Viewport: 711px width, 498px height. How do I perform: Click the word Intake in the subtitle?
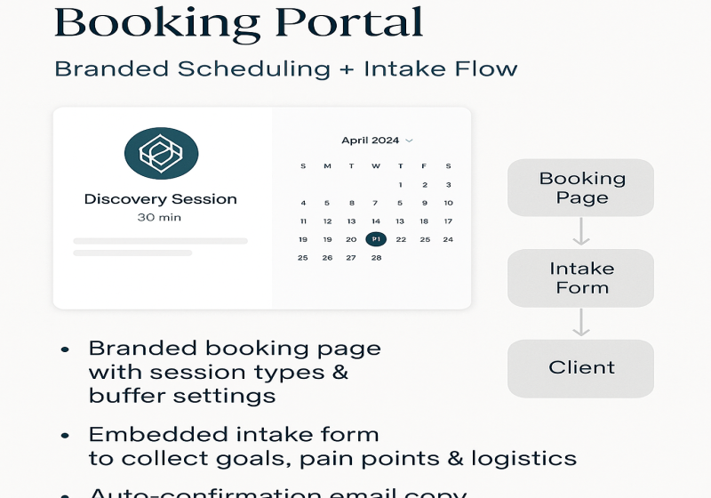pos(401,68)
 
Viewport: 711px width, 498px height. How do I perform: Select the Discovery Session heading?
pos(161,198)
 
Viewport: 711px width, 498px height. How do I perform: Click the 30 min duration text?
pos(161,217)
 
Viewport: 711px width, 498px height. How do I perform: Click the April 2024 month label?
pos(371,141)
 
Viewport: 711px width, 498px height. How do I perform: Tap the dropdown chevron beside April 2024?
pos(409,141)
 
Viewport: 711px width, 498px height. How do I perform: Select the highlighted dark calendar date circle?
pos(376,239)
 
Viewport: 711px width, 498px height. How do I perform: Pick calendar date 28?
pos(376,258)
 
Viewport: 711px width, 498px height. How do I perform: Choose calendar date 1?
pos(401,185)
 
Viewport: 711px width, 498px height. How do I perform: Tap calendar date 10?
pos(449,203)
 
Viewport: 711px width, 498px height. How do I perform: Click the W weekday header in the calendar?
pos(376,166)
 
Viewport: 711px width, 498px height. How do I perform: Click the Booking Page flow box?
pos(581,188)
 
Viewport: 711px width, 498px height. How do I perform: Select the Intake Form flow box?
pos(581,278)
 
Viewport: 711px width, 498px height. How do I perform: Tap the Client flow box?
pos(581,367)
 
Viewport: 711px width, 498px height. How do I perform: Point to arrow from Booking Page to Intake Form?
pos(581,232)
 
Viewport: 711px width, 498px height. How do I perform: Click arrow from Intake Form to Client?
pos(581,323)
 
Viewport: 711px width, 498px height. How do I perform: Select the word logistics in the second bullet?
pos(521,459)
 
